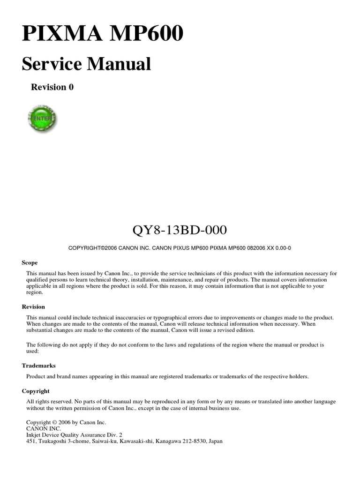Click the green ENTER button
[x=42, y=119]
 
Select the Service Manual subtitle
[x=86, y=64]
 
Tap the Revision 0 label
[x=52, y=87]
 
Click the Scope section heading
[x=30, y=262]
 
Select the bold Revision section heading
[x=33, y=307]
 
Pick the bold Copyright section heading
[x=36, y=391]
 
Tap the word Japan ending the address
[x=216, y=441]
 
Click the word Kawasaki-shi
[x=137, y=441]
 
